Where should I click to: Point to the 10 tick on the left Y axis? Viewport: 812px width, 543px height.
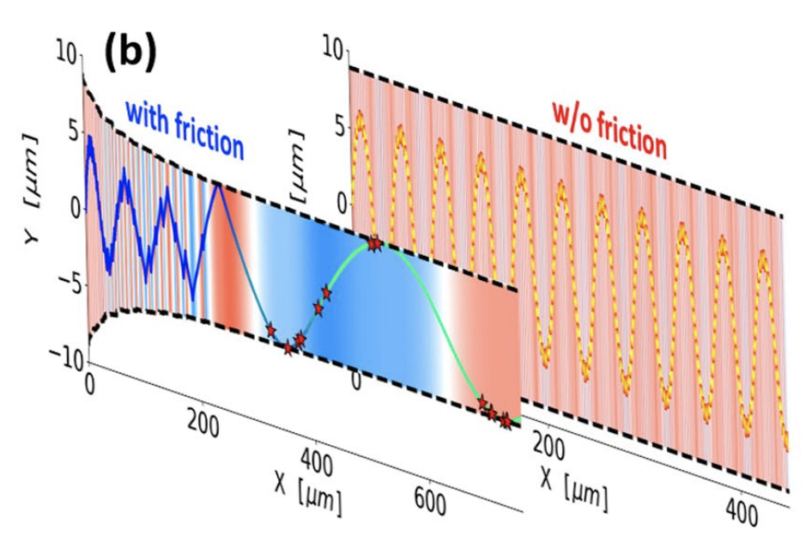(x=66, y=53)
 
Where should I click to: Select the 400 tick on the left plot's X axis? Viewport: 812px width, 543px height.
(x=318, y=461)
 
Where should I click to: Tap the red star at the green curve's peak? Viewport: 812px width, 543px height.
(x=374, y=245)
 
